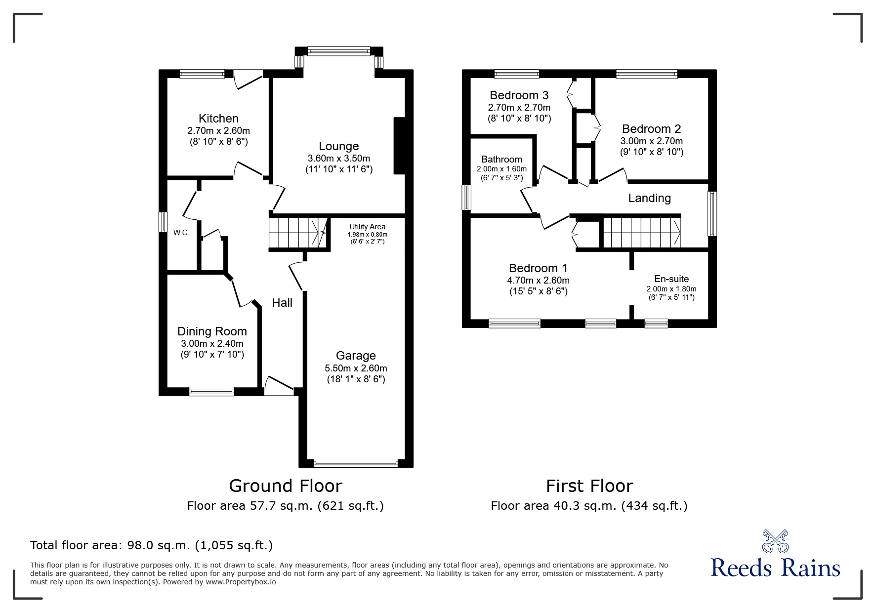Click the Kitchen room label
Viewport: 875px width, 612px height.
point(218,119)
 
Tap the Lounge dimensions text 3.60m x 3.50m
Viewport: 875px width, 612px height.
point(338,159)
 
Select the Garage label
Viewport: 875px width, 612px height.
point(355,356)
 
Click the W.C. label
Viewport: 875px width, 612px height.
point(181,233)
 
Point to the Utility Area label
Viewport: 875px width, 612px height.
point(367,227)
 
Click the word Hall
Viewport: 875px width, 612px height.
point(282,303)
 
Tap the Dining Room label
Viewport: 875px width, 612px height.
point(212,331)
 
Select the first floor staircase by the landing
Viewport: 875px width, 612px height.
point(641,233)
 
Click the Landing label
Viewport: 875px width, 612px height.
point(649,198)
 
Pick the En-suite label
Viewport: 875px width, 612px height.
point(671,279)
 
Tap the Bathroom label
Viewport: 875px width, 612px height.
point(501,159)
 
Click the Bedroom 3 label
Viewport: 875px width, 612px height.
point(519,95)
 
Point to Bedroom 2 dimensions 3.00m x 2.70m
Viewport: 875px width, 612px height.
point(651,141)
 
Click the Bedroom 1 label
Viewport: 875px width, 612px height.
point(538,268)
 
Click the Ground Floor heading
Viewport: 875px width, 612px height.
point(285,486)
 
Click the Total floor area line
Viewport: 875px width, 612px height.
point(151,545)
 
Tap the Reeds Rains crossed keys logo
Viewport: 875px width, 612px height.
point(775,541)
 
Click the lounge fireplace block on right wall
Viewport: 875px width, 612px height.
point(399,146)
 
